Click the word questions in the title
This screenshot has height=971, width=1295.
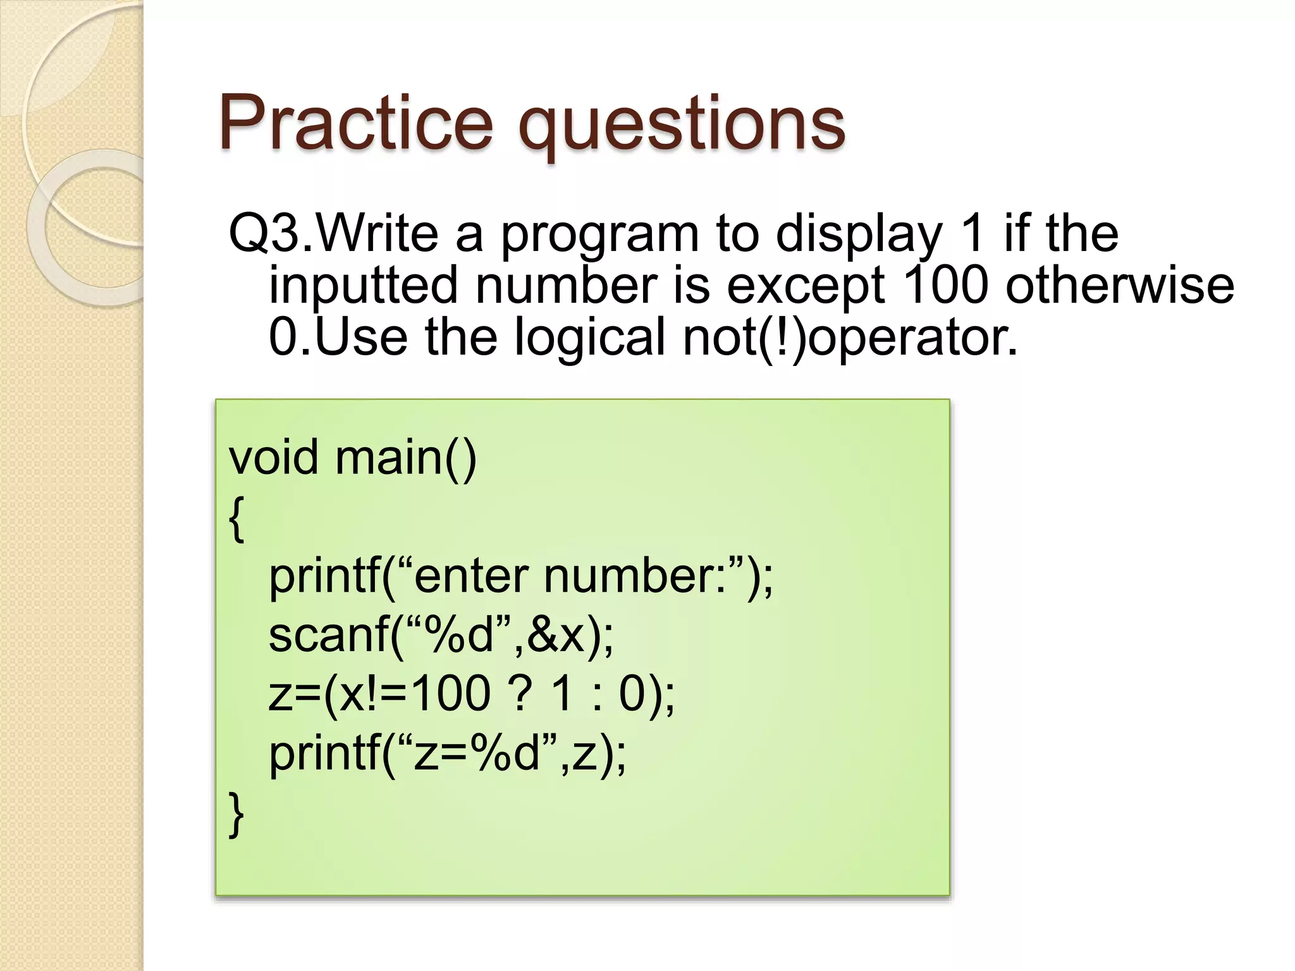pyautogui.click(x=681, y=126)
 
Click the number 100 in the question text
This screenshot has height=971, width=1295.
pyautogui.click(x=945, y=284)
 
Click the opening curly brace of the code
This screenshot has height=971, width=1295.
pyautogui.click(x=236, y=519)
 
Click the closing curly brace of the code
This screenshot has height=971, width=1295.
pyautogui.click(x=236, y=815)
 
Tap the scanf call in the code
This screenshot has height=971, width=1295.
pyautogui.click(x=335, y=635)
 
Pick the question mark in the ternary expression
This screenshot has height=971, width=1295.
pyautogui.click(x=519, y=694)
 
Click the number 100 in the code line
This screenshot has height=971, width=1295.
pyautogui.click(x=450, y=694)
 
